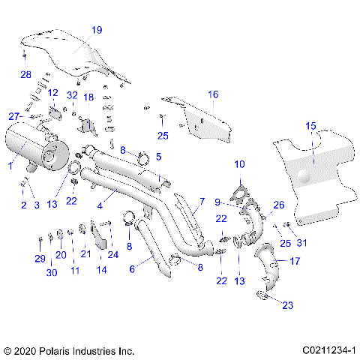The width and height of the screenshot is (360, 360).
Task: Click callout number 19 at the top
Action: coord(97,31)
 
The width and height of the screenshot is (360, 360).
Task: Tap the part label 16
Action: coord(213,94)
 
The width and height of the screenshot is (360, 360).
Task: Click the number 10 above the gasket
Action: coord(239,163)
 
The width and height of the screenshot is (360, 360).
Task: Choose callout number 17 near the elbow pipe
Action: coord(295,262)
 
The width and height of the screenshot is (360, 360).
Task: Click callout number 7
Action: coord(201,202)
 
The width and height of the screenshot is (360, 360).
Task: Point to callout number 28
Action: coord(25,74)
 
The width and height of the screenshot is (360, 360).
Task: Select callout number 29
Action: coord(40,259)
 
